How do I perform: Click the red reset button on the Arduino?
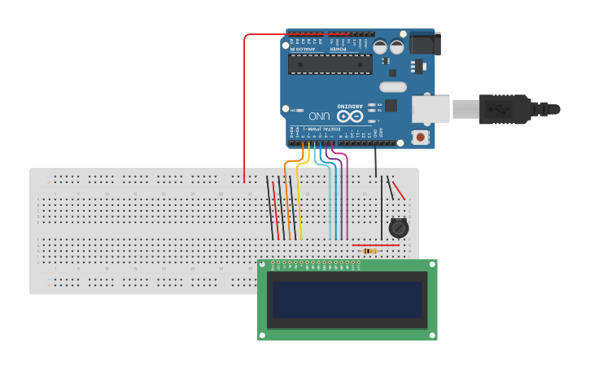coord(420,137)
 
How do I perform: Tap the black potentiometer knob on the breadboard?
coord(398,229)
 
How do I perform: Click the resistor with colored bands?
coord(370,251)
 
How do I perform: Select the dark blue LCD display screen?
coord(347,300)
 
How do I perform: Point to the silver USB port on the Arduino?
coord(430,108)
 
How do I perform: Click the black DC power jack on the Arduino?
coord(423,43)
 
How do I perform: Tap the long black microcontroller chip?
coord(330,64)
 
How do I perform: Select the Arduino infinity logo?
coord(351,116)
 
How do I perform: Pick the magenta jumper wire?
coord(347,195)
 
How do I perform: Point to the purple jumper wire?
coord(339,195)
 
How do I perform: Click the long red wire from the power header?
coord(245,106)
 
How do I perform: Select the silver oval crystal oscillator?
coord(392,86)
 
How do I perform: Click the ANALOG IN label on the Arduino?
coord(303,50)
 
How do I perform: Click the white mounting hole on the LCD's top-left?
coord(263,265)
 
